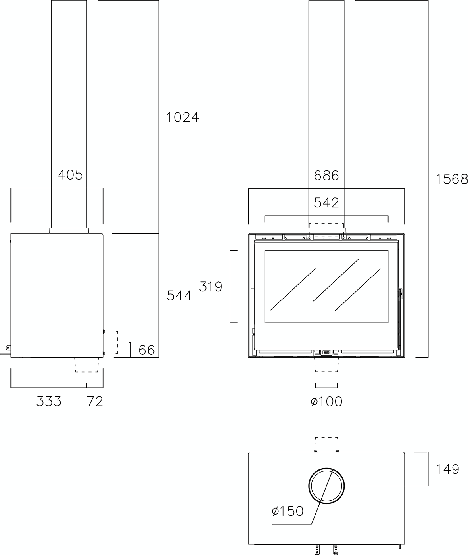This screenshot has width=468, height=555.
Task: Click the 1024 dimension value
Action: click(x=183, y=117)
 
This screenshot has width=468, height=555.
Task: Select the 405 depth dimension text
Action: click(x=71, y=175)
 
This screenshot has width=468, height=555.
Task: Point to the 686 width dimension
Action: click(x=326, y=176)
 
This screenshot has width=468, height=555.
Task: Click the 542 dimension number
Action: click(x=326, y=203)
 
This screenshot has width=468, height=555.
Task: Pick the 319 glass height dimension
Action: click(x=211, y=287)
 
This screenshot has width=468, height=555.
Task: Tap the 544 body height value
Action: click(x=179, y=296)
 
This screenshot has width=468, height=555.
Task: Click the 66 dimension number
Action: click(x=146, y=350)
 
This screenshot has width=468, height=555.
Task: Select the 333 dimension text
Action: click(x=49, y=401)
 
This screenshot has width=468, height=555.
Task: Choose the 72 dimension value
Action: click(x=95, y=401)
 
